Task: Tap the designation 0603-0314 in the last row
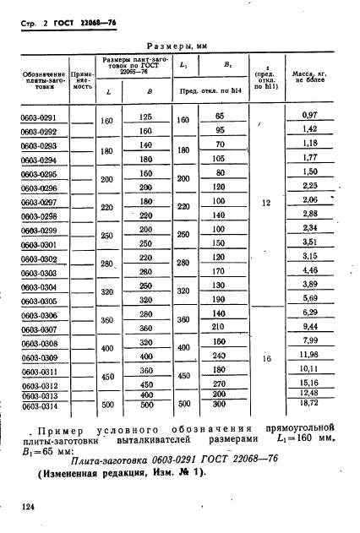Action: tap(38, 406)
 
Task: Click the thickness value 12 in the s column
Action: tap(266, 204)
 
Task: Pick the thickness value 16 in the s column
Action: tap(266, 359)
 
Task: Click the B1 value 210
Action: tap(219, 328)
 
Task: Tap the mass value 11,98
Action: tap(308, 355)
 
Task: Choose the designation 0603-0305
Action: tap(38, 301)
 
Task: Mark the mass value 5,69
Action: tap(308, 298)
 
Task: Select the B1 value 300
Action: tap(219, 405)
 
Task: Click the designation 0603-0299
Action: tap(38, 231)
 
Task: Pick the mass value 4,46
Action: tap(308, 270)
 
